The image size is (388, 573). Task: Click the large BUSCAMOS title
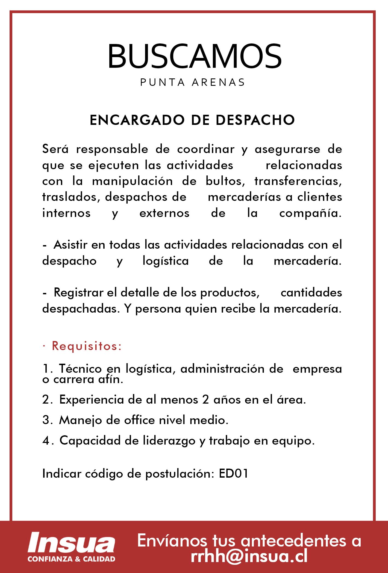pos(194,56)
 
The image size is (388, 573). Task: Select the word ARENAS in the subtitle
pos(218,82)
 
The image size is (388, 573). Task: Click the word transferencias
pos(298,181)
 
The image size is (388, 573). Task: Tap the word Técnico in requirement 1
pos(81,369)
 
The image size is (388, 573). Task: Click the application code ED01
pos(234,474)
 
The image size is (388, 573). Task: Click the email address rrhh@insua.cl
pos(249,556)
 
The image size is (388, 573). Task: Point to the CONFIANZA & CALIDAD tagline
pos(71,559)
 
